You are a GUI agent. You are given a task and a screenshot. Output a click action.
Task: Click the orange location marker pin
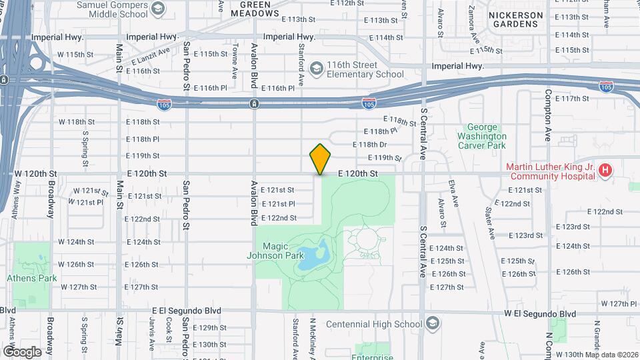321,159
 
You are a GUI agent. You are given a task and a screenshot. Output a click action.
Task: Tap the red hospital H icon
605,171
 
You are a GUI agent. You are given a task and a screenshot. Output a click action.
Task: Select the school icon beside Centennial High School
433,324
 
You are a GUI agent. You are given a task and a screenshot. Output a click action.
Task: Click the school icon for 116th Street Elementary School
316,69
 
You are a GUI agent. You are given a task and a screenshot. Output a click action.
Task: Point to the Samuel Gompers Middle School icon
158,9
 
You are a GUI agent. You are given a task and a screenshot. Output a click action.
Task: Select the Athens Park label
31,278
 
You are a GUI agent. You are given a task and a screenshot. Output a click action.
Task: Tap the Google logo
21,351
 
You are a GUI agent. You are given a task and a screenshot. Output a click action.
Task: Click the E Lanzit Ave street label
151,57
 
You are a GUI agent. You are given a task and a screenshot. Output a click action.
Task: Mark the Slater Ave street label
491,223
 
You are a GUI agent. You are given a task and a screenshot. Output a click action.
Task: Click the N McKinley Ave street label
312,337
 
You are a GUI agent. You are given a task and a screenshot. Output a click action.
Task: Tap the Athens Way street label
15,204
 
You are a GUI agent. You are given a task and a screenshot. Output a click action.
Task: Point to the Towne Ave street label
235,59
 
